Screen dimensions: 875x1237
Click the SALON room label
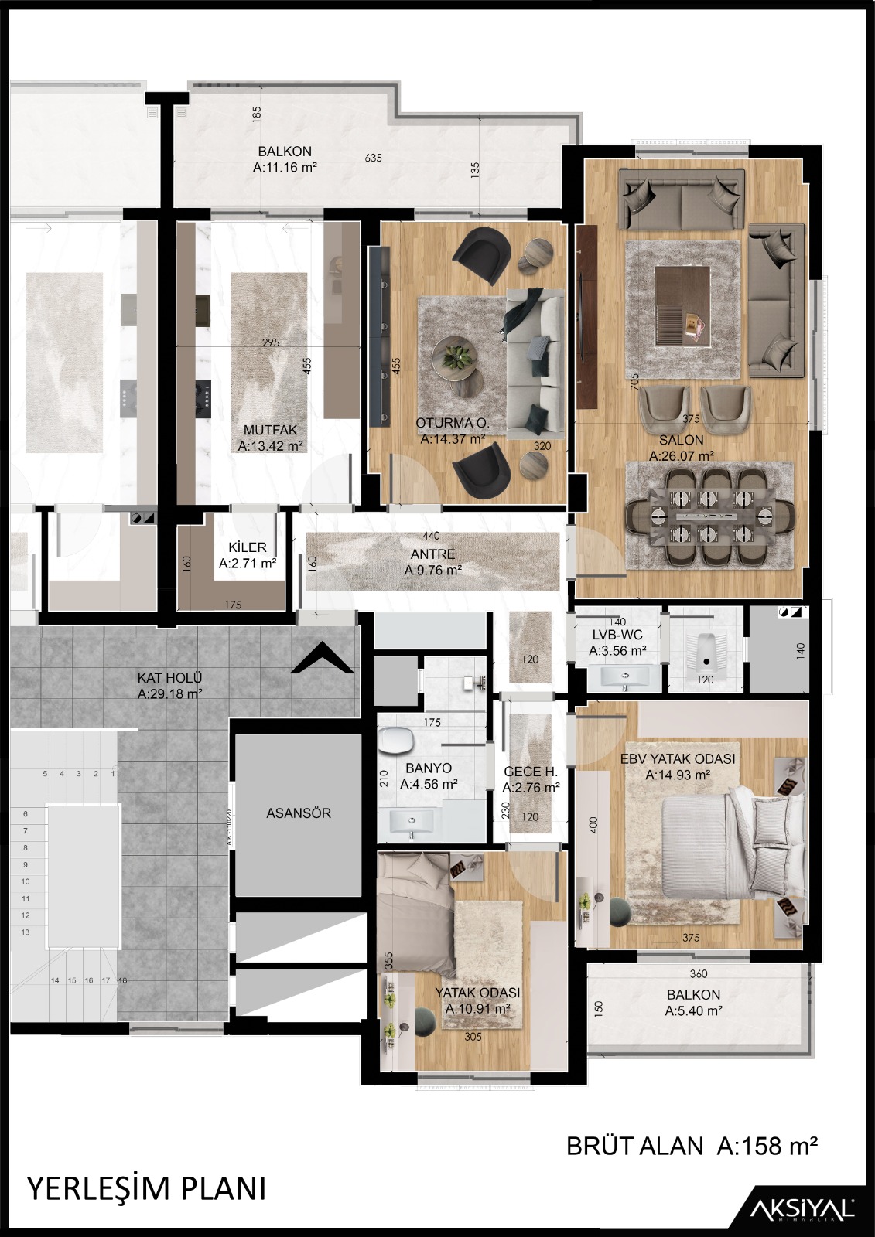681,440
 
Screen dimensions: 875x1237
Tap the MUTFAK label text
270,430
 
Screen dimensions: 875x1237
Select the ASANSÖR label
299,813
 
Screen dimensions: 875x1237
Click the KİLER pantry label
248,547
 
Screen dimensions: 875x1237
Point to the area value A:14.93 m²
678,775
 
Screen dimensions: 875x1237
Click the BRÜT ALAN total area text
692,1147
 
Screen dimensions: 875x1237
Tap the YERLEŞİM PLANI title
147,1188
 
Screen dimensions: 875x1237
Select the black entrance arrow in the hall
323,658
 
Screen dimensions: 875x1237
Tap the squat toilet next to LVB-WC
704,649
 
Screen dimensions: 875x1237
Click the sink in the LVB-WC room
625,675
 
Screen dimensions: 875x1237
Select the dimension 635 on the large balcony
373,158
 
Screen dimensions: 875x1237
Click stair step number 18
123,981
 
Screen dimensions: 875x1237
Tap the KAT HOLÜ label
169,677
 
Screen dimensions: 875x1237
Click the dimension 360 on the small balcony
699,973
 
